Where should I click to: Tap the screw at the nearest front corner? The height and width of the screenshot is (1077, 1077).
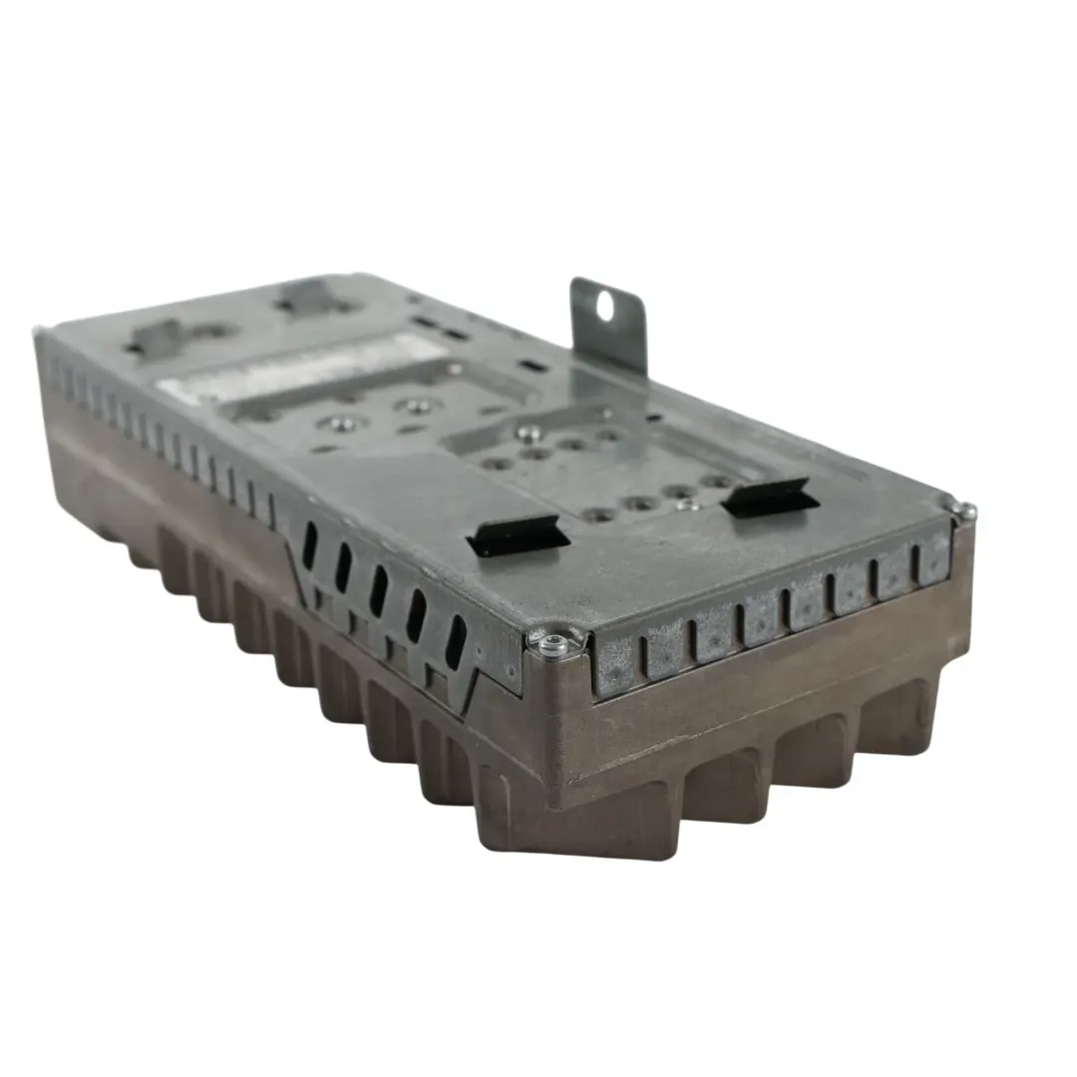(x=550, y=645)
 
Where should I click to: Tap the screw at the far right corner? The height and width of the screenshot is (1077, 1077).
(x=965, y=512)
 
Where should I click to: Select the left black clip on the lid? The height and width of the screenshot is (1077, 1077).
(x=519, y=537)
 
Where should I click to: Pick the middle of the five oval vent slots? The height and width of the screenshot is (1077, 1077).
(x=379, y=590)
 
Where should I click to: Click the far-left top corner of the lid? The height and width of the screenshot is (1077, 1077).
(x=42, y=334)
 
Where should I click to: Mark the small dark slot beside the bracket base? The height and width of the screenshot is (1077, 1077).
(x=534, y=365)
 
